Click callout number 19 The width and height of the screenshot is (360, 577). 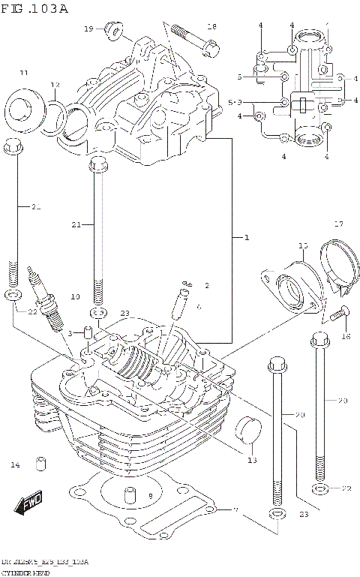click(x=88, y=29)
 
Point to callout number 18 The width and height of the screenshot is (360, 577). click(x=211, y=27)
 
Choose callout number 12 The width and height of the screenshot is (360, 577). click(x=55, y=84)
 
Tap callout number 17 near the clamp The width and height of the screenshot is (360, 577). click(x=338, y=224)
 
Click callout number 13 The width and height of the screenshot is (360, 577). click(x=252, y=460)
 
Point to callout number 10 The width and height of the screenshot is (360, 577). click(x=75, y=297)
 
